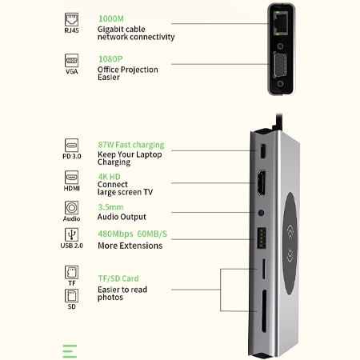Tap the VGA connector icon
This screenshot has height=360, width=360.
click(71, 61)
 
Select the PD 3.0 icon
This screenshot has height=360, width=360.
click(71, 147)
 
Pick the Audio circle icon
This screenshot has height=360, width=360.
click(71, 207)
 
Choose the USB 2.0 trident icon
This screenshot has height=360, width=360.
click(71, 235)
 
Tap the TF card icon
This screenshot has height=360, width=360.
click(71, 272)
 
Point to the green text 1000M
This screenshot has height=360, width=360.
click(111, 18)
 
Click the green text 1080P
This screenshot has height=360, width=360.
click(110, 58)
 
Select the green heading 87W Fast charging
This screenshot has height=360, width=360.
click(130, 145)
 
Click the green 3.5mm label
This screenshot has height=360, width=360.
click(110, 206)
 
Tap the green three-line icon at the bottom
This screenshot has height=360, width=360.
click(70, 350)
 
